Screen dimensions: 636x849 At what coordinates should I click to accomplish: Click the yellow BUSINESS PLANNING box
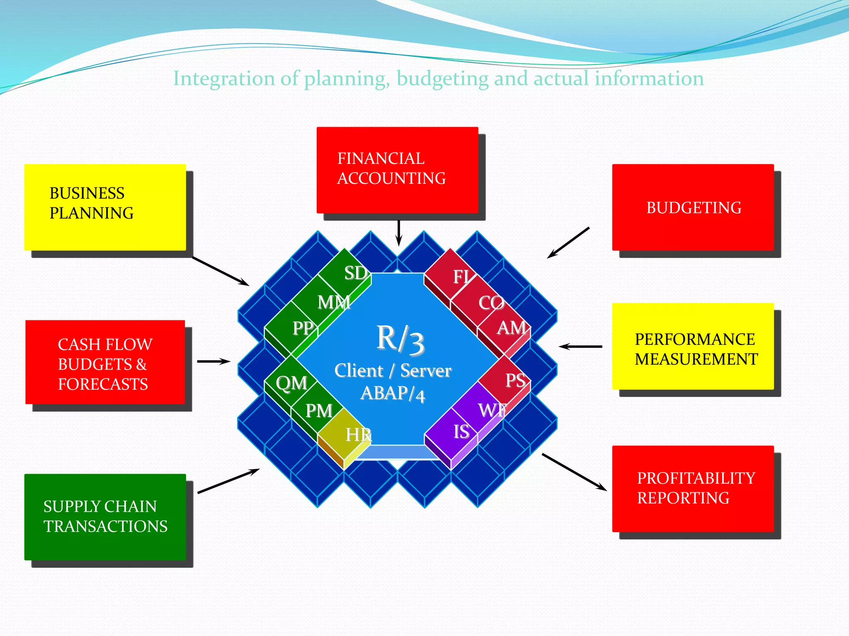point(105,207)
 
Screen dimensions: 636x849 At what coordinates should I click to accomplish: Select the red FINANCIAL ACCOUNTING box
point(397,170)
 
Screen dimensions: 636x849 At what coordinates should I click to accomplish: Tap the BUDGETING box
point(693,207)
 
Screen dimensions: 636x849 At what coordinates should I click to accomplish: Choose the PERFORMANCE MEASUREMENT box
point(693,346)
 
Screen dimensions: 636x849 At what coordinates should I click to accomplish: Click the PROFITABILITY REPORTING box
point(693,489)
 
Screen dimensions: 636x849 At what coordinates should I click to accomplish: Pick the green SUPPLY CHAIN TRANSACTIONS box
point(105,517)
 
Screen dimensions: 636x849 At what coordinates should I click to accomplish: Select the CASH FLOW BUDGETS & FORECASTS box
point(105,362)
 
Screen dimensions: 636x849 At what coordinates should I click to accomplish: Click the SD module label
point(356,273)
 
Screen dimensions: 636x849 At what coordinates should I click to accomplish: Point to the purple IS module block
point(456,433)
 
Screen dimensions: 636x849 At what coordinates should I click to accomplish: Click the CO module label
point(491,303)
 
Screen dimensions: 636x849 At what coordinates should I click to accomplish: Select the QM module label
point(291,383)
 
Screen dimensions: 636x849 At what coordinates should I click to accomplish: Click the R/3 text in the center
point(400,340)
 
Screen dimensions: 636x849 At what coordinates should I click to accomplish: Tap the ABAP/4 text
point(393,393)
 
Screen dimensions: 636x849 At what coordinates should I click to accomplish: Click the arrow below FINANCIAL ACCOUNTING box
point(399,233)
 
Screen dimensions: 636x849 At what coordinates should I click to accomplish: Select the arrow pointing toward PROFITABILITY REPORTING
point(575,472)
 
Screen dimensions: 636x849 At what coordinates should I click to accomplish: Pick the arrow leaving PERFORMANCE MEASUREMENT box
point(580,347)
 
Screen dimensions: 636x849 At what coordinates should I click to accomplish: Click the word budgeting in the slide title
point(442,79)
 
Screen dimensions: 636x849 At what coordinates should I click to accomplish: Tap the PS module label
point(515,380)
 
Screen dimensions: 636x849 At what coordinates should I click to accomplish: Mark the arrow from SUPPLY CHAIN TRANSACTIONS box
point(228,481)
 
